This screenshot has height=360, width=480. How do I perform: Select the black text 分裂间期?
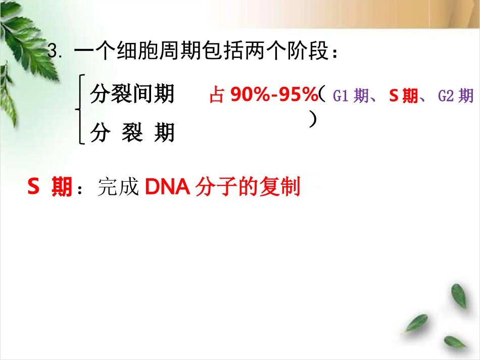click(x=132, y=94)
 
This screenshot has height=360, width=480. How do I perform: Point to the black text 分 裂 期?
click(x=132, y=133)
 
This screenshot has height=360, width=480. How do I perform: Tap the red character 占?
click(x=216, y=95)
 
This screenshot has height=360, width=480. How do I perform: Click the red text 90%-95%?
click(x=273, y=94)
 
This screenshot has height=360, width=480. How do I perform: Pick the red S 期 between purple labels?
click(x=403, y=96)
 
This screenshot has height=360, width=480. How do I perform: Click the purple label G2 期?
click(x=455, y=96)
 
